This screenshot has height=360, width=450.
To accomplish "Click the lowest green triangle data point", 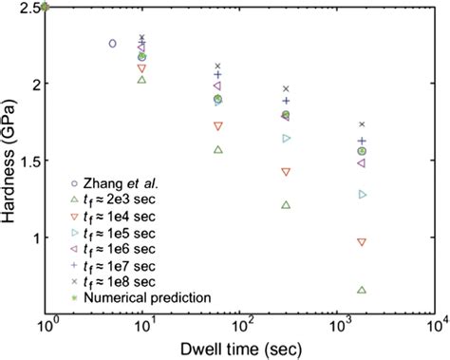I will point(361,290).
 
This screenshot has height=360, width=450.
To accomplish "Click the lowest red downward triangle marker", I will point(361,242).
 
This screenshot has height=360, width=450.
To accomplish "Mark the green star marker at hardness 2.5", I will point(46,7).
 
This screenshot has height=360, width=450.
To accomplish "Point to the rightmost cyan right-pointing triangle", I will point(361,195).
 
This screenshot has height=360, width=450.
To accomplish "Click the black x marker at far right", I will point(361,124).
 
